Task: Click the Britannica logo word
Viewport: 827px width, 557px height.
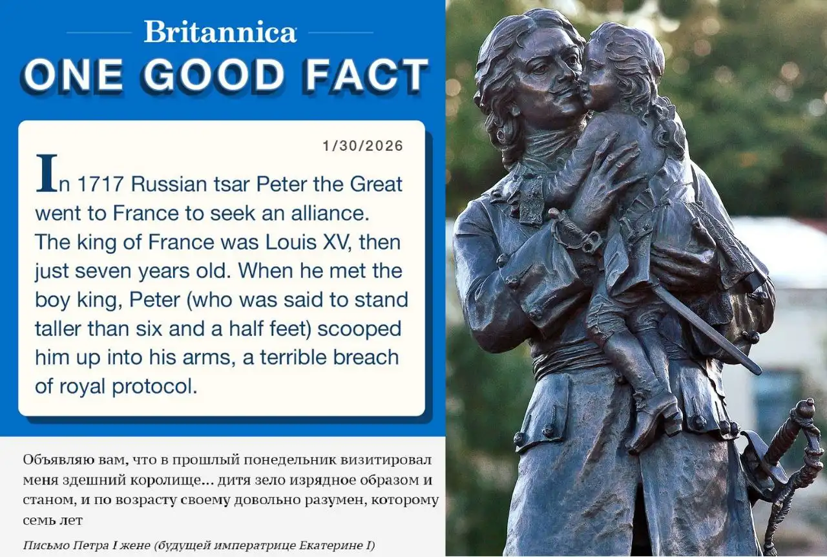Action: coord(220,32)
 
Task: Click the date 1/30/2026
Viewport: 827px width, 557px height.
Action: coord(363,146)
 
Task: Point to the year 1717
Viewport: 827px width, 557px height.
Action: coord(99,184)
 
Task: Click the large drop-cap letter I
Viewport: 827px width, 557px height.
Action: coord(47,173)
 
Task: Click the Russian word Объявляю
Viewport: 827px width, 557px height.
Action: coord(54,461)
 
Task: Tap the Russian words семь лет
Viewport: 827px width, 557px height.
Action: coord(53,520)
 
